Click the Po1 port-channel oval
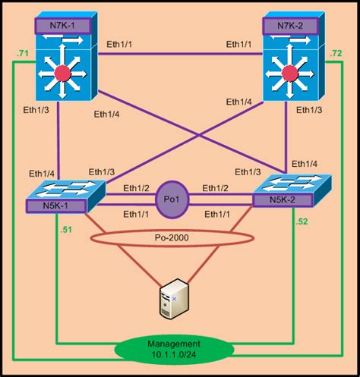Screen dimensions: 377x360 pos(171,199)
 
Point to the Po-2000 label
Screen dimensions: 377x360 pos(173,236)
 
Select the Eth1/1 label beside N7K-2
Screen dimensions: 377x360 pos(242,45)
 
